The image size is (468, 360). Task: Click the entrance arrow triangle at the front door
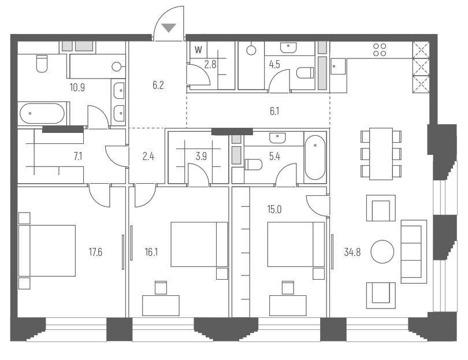(169, 28)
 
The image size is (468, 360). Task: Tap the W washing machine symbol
(198, 50)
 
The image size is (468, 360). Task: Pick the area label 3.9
(201, 156)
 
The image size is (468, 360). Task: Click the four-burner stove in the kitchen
(380, 50)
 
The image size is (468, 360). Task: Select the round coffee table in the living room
(382, 251)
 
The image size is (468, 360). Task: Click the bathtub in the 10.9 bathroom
(42, 113)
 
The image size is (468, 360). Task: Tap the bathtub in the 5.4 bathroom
(315, 158)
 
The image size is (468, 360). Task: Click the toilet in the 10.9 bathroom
(42, 64)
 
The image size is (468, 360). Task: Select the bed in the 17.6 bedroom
(47, 250)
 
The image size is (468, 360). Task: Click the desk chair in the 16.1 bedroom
(161, 287)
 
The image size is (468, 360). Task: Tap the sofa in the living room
(412, 251)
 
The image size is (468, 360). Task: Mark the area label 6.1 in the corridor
(274, 111)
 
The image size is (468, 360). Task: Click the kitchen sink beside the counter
(338, 67)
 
